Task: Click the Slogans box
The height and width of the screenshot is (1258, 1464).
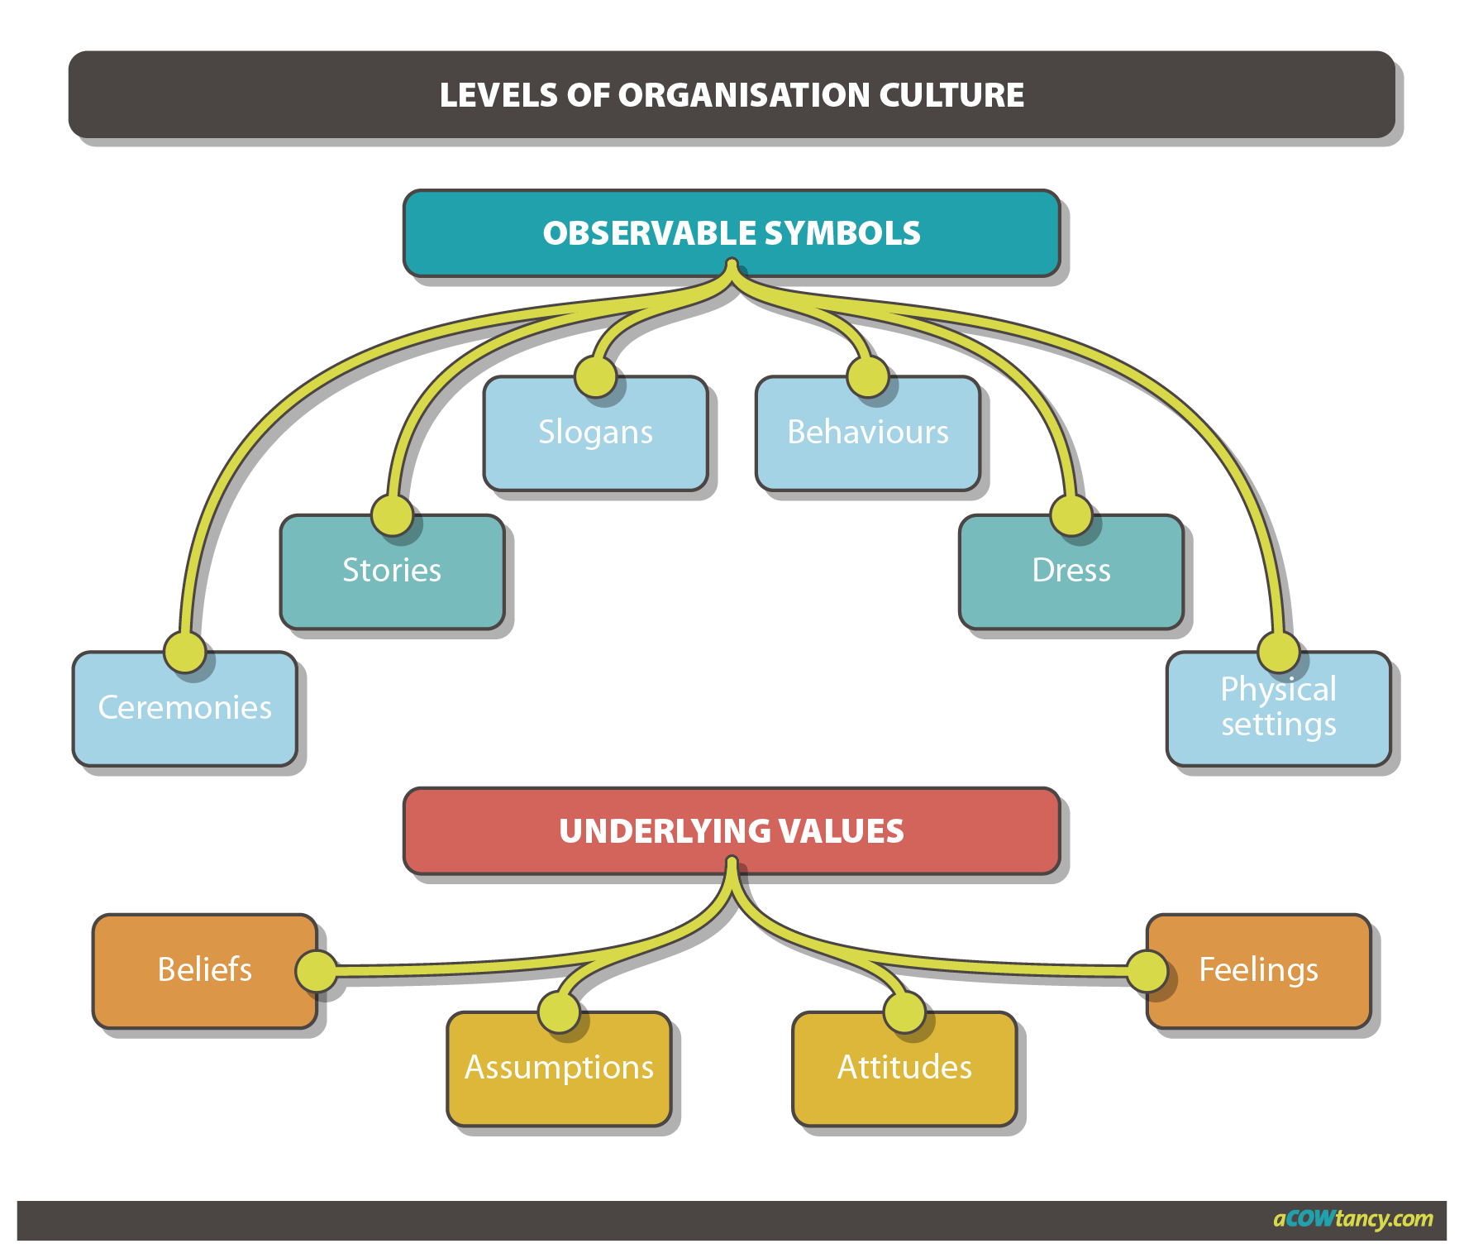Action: (595, 433)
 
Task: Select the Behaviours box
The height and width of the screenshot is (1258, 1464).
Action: (867, 433)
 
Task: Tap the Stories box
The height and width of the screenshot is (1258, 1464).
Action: (392, 572)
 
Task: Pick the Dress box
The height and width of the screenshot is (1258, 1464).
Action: (1071, 572)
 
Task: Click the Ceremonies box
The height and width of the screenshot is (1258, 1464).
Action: (184, 709)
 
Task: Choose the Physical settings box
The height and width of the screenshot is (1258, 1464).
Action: (1278, 709)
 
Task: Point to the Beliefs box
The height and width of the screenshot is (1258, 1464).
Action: (204, 970)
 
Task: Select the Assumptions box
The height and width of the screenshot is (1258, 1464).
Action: (559, 1068)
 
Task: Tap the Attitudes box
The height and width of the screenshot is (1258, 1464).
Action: (904, 1068)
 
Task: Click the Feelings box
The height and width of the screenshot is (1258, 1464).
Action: (1258, 970)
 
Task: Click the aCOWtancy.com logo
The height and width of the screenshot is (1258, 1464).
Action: (1352, 1218)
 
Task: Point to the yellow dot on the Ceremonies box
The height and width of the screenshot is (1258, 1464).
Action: (184, 653)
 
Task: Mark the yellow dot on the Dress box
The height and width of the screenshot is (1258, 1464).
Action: (1071, 515)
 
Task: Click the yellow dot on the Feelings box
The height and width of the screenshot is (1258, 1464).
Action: (1147, 971)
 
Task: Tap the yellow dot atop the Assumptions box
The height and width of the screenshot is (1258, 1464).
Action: (559, 1012)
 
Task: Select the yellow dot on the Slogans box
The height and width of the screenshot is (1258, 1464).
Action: (595, 377)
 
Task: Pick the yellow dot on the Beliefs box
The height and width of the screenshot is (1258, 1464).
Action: (317, 971)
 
